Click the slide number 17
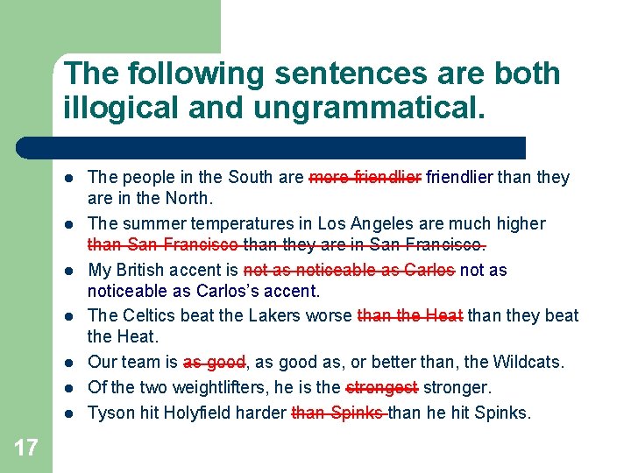pos(26,448)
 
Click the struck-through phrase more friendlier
pos(365,177)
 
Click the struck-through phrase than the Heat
pos(410,315)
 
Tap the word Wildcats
pos(532,362)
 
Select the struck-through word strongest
pos(382,386)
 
